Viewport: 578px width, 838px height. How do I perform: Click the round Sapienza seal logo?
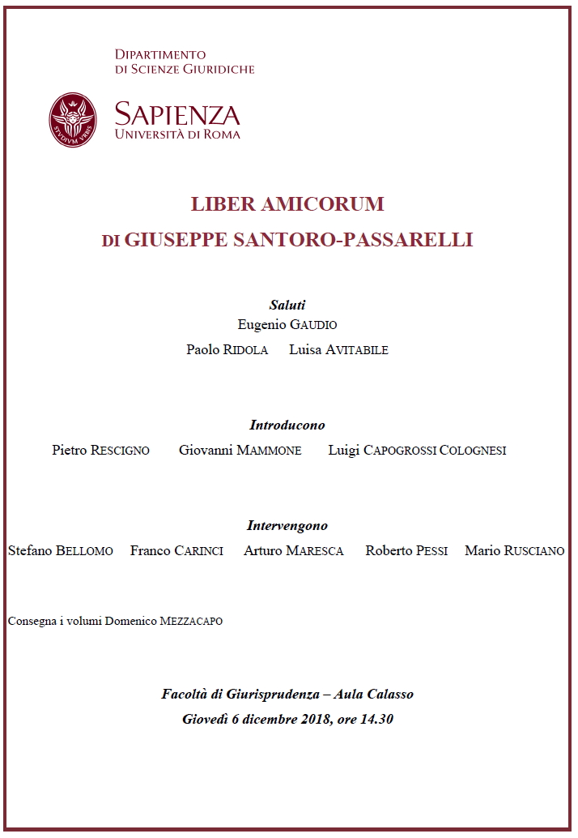coord(72,120)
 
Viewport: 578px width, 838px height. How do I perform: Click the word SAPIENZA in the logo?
coord(177,113)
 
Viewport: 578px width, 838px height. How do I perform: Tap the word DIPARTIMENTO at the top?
coord(160,54)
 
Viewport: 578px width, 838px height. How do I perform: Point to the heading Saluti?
coord(287,306)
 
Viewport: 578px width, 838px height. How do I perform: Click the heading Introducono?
coord(287,425)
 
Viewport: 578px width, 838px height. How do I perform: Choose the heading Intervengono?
coord(287,525)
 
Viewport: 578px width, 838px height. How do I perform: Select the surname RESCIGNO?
coord(120,451)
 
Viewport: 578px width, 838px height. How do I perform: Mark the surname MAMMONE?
coord(269,451)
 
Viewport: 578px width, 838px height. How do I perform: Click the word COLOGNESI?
coord(472,451)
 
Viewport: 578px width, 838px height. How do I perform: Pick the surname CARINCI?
coord(198,551)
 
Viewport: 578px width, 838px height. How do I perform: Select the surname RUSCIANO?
coord(534,551)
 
